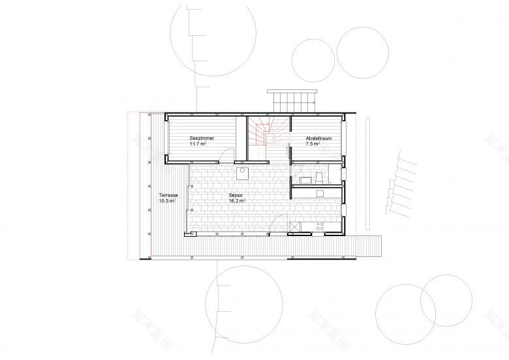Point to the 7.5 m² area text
[x=313, y=144]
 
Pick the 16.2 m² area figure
[x=237, y=202]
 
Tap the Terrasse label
[x=169, y=196]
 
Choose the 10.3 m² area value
[x=168, y=202]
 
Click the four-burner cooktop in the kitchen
[x=321, y=226]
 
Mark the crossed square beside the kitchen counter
[x=295, y=226]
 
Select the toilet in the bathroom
[x=318, y=177]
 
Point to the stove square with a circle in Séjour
[x=242, y=172]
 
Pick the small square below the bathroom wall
[x=319, y=193]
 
